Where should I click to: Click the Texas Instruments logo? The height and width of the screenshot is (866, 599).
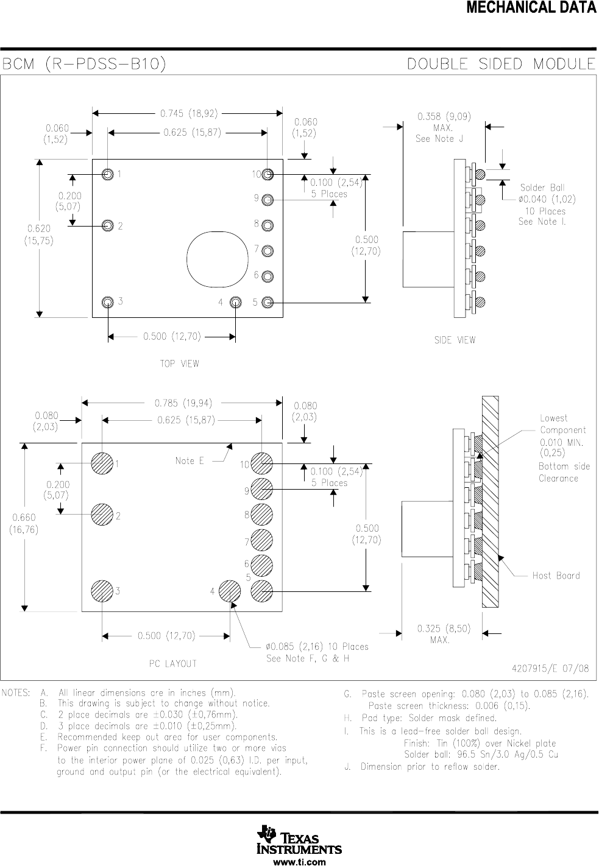tap(299, 840)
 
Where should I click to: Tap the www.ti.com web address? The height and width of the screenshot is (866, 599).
tap(299, 862)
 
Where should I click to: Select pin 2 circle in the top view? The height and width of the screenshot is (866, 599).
tap(108, 225)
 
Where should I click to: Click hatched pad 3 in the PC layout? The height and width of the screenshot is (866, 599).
tap(102, 591)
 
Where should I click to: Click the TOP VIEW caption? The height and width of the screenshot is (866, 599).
tap(180, 364)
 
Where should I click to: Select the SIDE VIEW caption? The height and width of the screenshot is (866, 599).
tap(455, 340)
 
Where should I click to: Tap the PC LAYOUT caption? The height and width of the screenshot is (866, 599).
tap(173, 663)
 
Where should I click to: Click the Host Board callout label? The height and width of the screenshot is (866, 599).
tap(556, 576)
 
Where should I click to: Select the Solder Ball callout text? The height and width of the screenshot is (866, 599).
tap(542, 188)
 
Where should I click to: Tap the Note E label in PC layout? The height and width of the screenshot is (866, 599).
tap(190, 461)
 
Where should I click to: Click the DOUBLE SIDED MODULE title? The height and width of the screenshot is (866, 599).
tap(501, 64)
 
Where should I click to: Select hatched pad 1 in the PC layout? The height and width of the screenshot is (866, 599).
tap(102, 463)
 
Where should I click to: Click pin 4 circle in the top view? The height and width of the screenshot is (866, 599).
tap(236, 302)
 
